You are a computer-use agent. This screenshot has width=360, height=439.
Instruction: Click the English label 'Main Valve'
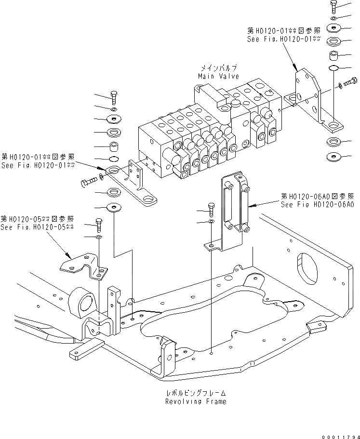[x=217, y=76]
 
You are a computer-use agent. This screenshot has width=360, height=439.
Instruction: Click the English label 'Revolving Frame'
[x=195, y=401]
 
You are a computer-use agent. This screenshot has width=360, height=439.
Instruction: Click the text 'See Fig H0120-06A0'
[x=318, y=204]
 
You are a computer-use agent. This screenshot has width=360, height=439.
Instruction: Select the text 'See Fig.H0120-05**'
[x=37, y=227]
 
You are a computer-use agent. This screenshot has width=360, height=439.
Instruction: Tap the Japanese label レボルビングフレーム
[x=195, y=393]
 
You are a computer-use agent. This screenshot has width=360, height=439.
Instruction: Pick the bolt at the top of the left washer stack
[x=114, y=96]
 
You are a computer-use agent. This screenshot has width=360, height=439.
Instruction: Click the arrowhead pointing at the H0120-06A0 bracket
[x=250, y=207]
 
